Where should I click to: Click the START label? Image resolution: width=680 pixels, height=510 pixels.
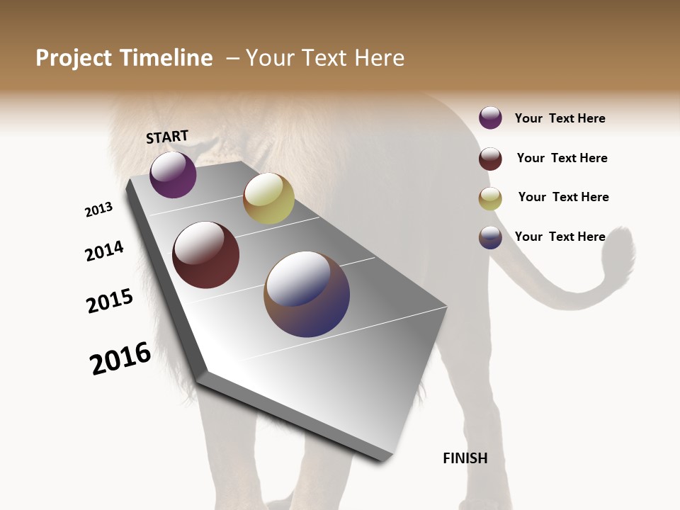point(167,137)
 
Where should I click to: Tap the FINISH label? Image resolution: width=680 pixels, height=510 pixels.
point(465,458)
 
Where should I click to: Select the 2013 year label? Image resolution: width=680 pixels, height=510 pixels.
point(98,210)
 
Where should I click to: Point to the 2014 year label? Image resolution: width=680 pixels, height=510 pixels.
point(104,251)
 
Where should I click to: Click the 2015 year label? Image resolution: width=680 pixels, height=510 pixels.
point(110,301)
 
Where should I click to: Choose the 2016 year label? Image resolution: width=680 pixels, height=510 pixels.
point(120,358)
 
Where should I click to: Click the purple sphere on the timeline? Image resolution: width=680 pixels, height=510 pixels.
point(173,175)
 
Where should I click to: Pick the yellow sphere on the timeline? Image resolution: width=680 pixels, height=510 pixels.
point(268,198)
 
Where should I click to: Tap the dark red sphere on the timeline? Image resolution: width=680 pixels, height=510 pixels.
point(205,255)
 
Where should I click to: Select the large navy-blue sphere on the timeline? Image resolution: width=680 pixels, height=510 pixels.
point(307,294)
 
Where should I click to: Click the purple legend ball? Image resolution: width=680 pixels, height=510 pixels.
point(490,118)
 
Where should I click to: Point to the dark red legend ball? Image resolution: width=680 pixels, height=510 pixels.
point(490,159)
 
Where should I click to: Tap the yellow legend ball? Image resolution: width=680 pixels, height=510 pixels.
point(490,198)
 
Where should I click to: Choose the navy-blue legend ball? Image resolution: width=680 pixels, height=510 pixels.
point(490,237)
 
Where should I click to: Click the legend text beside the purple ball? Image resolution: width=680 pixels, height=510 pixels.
point(560,118)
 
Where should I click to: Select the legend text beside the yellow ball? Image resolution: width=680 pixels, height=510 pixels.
point(563,197)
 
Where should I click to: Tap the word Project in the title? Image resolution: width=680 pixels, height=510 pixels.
point(74,58)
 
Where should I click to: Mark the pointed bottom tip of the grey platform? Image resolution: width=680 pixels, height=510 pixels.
point(383,459)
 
